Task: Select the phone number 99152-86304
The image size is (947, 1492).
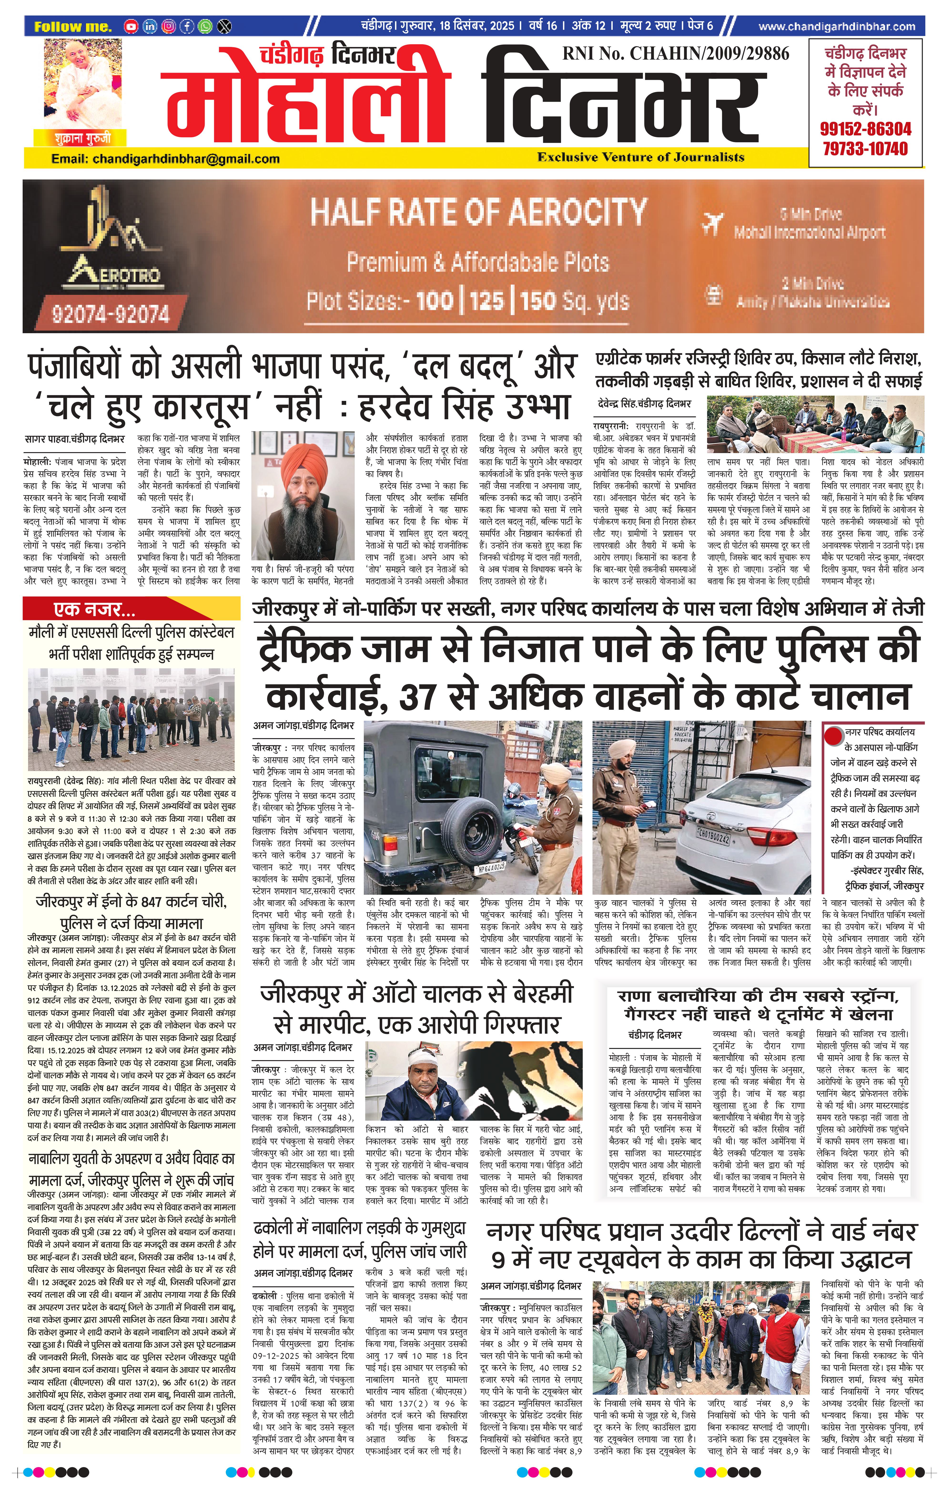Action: [x=865, y=129]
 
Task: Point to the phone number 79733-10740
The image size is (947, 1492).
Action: [x=865, y=149]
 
